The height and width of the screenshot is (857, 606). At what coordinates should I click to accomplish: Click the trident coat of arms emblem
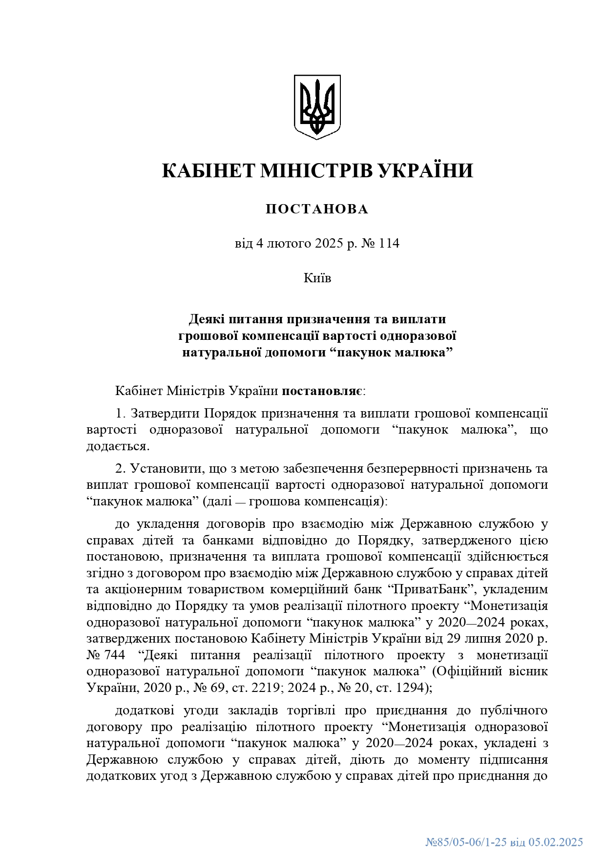pyautogui.click(x=317, y=106)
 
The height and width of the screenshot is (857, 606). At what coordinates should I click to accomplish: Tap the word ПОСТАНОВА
pyautogui.click(x=317, y=209)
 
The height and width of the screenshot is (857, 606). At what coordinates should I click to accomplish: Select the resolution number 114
pyautogui.click(x=389, y=243)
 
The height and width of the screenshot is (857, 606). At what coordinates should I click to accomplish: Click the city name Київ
pyautogui.click(x=317, y=278)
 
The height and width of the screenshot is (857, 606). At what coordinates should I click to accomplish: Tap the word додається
pyautogui.click(x=117, y=446)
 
